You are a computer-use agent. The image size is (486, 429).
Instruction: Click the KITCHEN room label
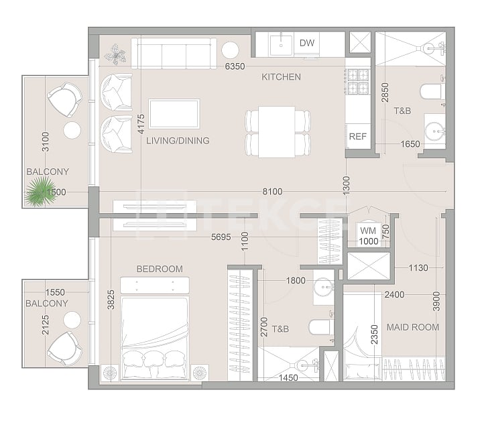pyautogui.click(x=281, y=77)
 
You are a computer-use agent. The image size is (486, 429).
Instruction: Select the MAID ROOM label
pyautogui.click(x=413, y=327)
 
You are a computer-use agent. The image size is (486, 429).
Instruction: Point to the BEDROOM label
pyautogui.click(x=160, y=269)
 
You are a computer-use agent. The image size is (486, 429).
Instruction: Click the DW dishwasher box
pyautogui.click(x=307, y=44)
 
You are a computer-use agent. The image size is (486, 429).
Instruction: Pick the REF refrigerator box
pyautogui.click(x=357, y=136)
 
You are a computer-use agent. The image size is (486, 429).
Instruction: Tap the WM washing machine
pyautogui.click(x=367, y=231)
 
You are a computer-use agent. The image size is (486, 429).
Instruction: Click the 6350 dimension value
pyautogui.click(x=235, y=67)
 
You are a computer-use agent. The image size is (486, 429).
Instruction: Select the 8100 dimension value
pyautogui.click(x=272, y=192)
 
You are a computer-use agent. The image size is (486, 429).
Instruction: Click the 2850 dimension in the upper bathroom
pyautogui.click(x=385, y=92)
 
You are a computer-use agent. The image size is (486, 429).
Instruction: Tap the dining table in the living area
pyautogui.click(x=278, y=131)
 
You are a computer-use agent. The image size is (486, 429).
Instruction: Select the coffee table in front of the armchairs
pyautogui.click(x=174, y=113)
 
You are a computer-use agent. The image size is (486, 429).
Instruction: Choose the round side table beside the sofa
pyautogui.click(x=231, y=50)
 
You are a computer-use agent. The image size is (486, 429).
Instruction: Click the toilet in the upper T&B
pyautogui.click(x=430, y=92)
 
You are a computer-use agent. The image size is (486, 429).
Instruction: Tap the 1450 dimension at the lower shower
pyautogui.click(x=288, y=378)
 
